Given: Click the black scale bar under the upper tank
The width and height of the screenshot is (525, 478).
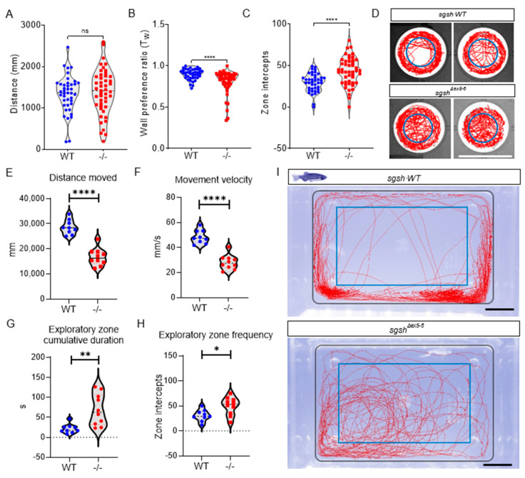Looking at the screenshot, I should (x=499, y=309).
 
